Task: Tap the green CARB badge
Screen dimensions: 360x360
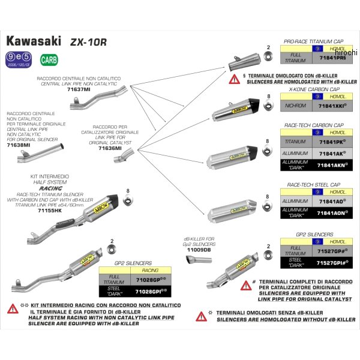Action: (47, 59)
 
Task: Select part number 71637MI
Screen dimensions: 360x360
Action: (79, 89)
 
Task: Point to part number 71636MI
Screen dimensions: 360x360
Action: (110, 147)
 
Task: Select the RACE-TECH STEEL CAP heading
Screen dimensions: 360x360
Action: (316, 185)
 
